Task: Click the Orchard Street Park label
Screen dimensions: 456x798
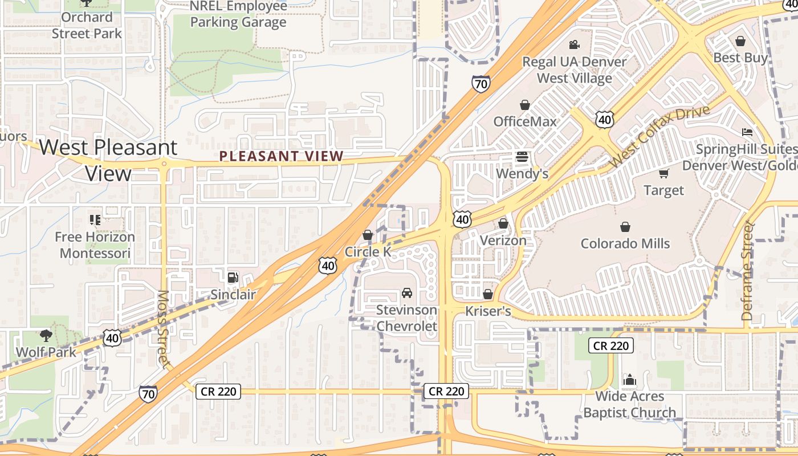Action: tap(87, 25)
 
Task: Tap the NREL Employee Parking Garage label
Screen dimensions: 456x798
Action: tap(238, 15)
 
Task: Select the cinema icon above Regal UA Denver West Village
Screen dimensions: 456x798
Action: tap(574, 44)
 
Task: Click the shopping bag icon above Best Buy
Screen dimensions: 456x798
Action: tap(740, 41)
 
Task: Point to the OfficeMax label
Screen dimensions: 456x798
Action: tap(524, 121)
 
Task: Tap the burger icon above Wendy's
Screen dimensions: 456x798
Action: tap(522, 156)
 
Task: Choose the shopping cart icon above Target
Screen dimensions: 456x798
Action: tap(663, 173)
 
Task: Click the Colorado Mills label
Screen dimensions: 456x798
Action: tap(625, 243)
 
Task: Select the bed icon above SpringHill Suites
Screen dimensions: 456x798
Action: tap(747, 132)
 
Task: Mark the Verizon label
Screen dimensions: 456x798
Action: tap(503, 240)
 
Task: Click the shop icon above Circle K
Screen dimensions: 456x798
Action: tap(368, 235)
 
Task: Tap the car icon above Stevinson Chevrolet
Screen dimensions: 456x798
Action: tap(407, 293)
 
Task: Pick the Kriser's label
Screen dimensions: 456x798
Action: tap(488, 311)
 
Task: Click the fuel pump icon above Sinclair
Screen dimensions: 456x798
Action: tap(233, 278)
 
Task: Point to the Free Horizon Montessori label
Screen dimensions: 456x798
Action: tap(95, 245)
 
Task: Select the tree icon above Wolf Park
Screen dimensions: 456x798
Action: tap(46, 335)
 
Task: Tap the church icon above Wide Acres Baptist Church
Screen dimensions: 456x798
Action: tap(629, 380)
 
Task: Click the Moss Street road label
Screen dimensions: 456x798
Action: tap(163, 329)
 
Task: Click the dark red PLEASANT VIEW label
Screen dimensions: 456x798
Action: tap(282, 156)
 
